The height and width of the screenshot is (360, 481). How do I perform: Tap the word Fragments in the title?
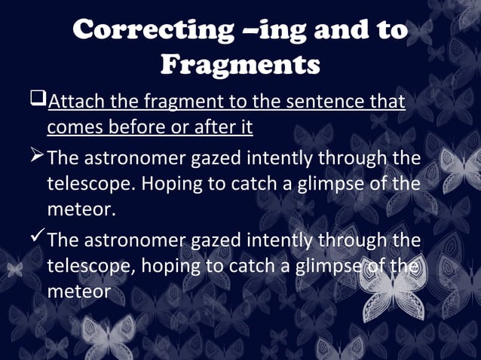coord(240,65)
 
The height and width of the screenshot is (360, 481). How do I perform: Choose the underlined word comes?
coord(75,127)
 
